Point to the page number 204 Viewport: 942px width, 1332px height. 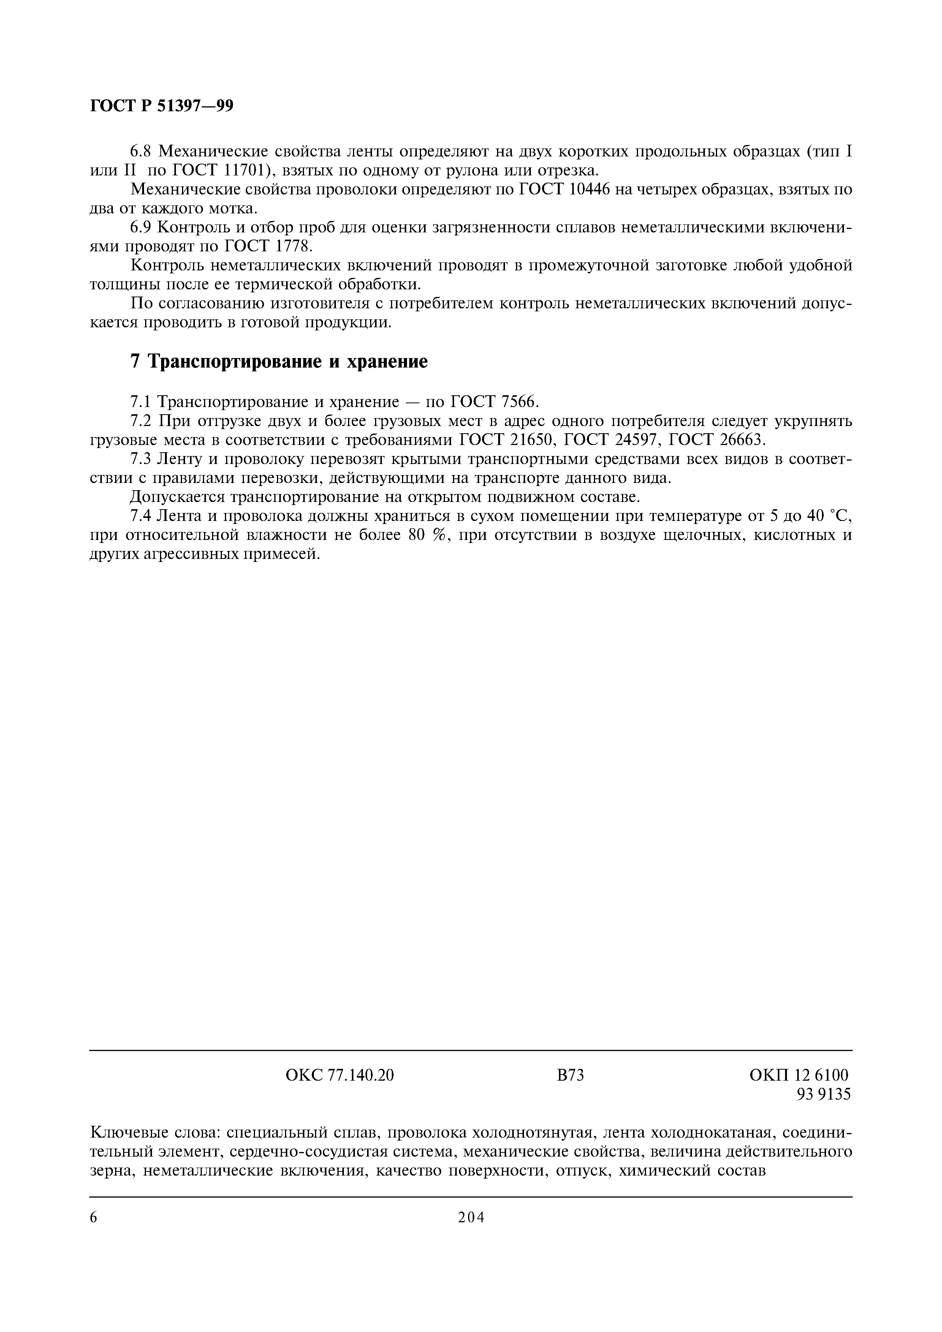471,1217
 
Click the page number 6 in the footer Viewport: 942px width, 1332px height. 94,1217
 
